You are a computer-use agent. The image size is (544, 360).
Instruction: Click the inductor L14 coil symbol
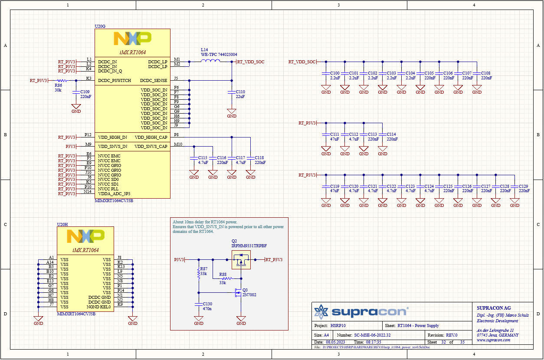(x=210, y=61)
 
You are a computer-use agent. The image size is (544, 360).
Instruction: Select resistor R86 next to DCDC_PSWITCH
(x=61, y=81)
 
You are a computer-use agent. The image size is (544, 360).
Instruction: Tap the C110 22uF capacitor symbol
(x=232, y=92)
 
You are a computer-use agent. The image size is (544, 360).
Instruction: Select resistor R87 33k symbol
(x=199, y=271)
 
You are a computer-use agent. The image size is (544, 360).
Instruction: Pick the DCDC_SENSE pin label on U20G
(x=153, y=81)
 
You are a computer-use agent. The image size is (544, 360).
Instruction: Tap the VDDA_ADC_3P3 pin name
(x=114, y=194)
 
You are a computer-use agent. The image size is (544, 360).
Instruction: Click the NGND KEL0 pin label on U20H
(x=100, y=307)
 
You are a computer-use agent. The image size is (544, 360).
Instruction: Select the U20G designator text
(x=100, y=26)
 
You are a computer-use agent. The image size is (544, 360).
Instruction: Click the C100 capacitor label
(x=334, y=73)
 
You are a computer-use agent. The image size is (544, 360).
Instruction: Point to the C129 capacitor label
(x=523, y=186)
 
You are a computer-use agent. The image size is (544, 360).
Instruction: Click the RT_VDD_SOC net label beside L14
(x=251, y=62)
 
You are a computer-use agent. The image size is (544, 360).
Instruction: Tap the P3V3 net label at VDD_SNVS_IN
(x=70, y=147)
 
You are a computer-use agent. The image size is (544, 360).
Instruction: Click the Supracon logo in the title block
(x=361, y=311)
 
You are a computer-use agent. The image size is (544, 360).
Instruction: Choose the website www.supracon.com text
(x=493, y=340)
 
